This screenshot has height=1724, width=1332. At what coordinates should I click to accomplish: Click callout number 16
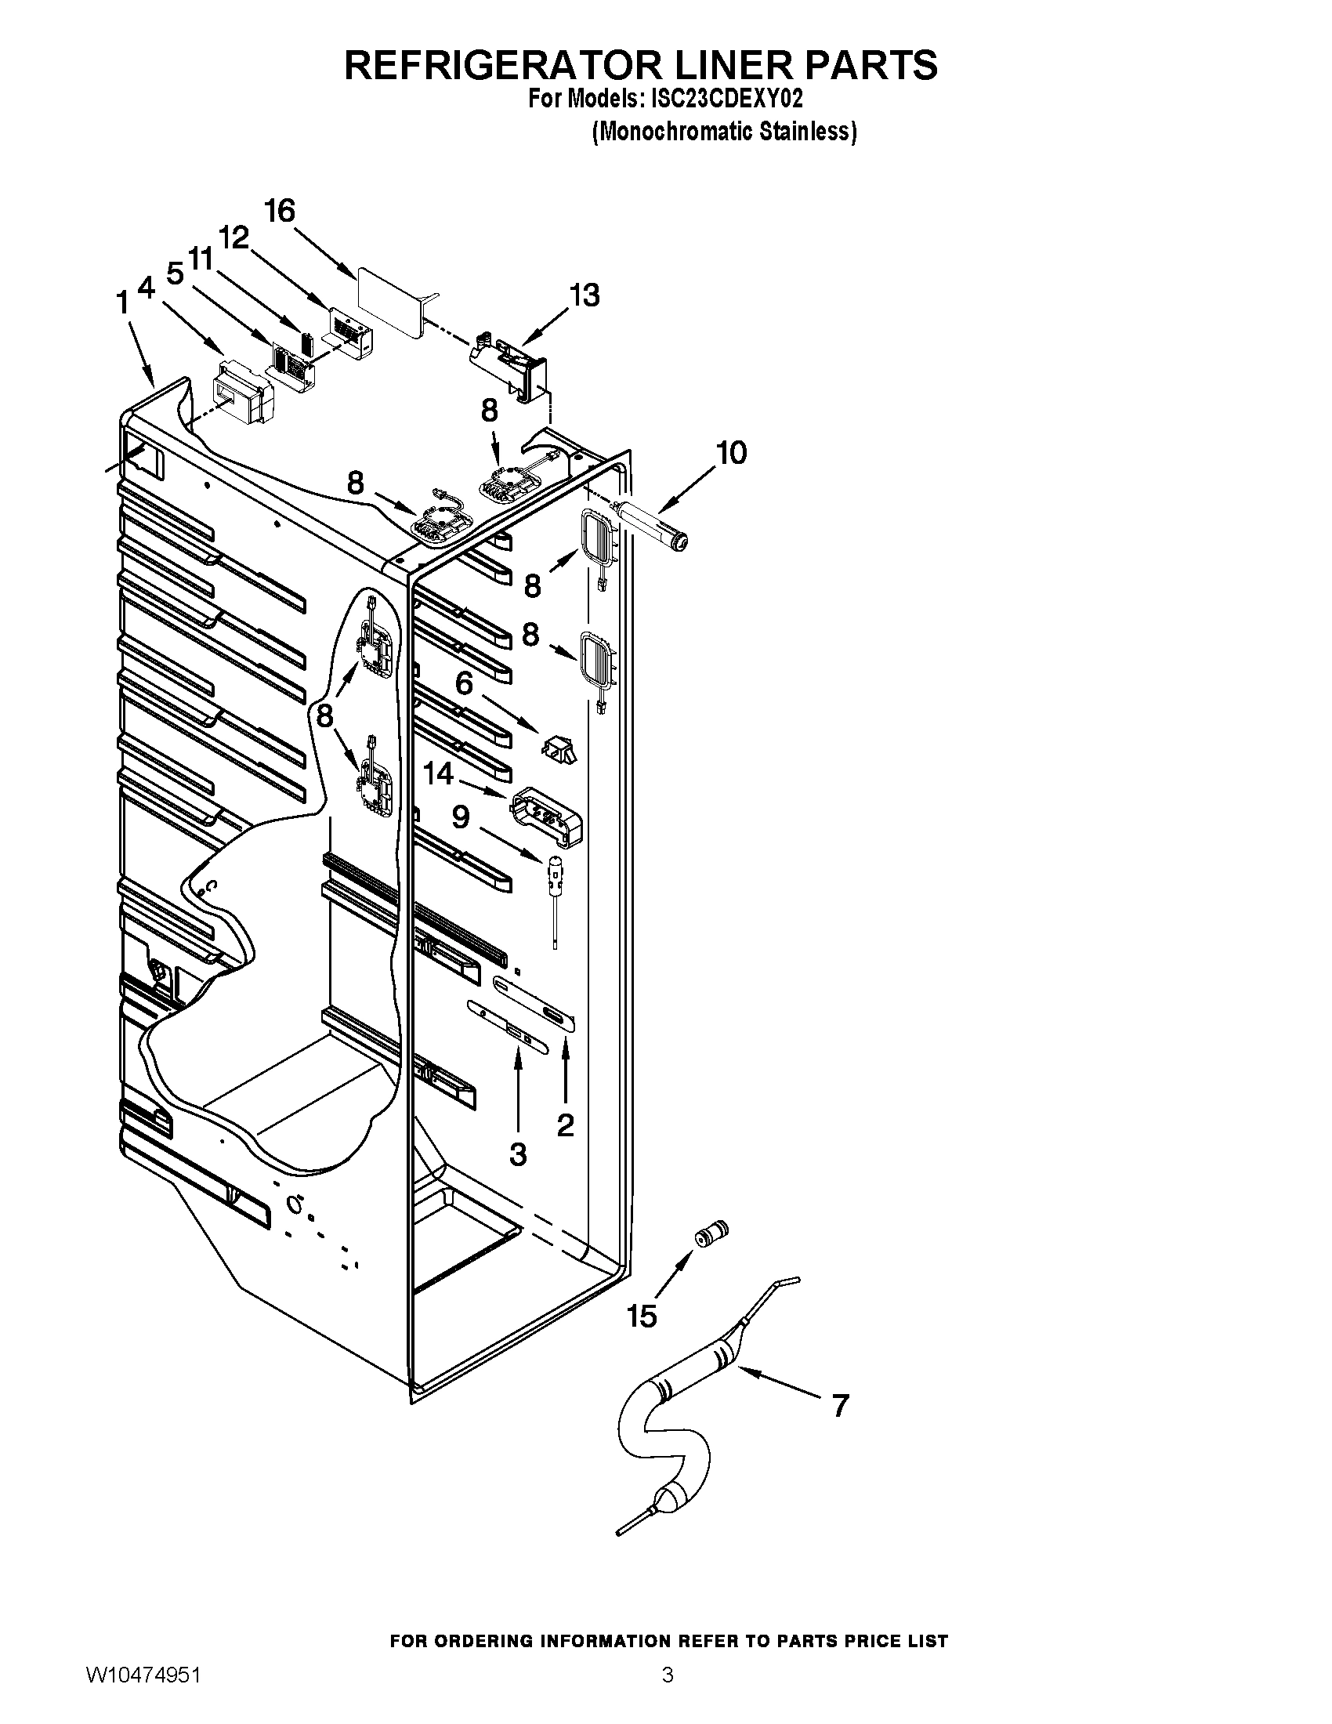(x=280, y=212)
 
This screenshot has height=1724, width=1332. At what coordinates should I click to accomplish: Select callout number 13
(x=585, y=295)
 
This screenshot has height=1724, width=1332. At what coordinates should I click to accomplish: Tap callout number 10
(x=731, y=453)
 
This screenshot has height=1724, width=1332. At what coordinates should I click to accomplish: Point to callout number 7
(x=841, y=1405)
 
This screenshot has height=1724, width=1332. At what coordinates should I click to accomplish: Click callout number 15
(x=642, y=1316)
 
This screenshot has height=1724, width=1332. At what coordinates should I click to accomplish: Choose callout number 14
(x=439, y=773)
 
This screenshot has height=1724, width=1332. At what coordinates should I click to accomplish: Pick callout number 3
(x=518, y=1154)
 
